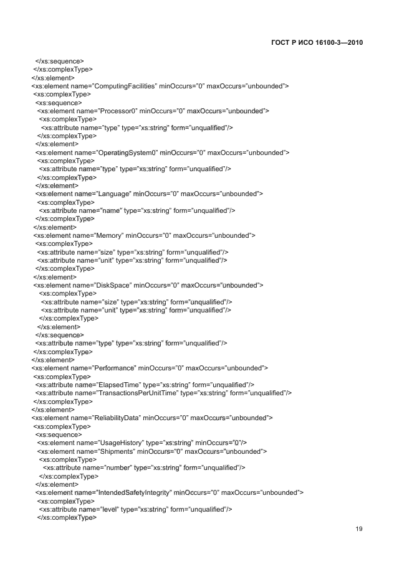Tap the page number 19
pyautogui.click(x=358, y=529)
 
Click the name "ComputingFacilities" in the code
pyautogui.click(x=125, y=86)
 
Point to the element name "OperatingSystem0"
pyautogui.click(x=125, y=153)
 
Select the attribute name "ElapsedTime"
pyautogui.click(x=117, y=385)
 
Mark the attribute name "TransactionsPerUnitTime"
pyautogui.click(x=137, y=393)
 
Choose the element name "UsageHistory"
pyautogui.click(x=117, y=443)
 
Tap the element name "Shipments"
pyautogui.click(x=112, y=451)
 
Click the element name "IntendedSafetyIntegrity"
pyautogui.click(x=132, y=492)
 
